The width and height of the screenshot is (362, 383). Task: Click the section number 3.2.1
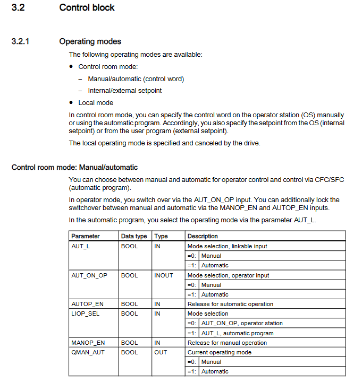tap(20, 41)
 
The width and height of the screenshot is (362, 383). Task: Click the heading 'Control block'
tap(87, 7)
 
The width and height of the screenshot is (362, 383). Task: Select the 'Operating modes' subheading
tap(90, 41)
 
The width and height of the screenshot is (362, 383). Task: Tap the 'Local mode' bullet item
tap(96, 102)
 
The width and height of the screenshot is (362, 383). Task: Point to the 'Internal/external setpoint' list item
tap(125, 90)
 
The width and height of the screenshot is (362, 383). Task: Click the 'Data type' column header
tap(134, 236)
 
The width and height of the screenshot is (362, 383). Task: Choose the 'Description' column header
tap(203, 236)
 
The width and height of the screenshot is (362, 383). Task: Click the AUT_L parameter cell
tap(81, 246)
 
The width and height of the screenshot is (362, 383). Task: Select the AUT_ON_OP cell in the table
tap(89, 275)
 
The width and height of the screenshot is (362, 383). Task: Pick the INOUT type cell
tap(164, 275)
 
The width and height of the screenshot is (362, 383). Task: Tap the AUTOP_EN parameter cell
tap(87, 304)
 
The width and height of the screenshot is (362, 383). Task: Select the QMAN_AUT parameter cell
tap(88, 352)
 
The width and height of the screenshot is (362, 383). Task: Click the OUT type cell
tap(161, 352)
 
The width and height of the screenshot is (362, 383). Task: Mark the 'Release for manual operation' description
tap(227, 343)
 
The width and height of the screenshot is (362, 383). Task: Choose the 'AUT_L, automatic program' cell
tap(237, 333)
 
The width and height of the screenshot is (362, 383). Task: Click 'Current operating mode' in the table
tap(220, 352)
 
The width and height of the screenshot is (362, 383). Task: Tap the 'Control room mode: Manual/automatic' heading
tap(74, 168)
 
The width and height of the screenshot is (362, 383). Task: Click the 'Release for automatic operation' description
tap(230, 304)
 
